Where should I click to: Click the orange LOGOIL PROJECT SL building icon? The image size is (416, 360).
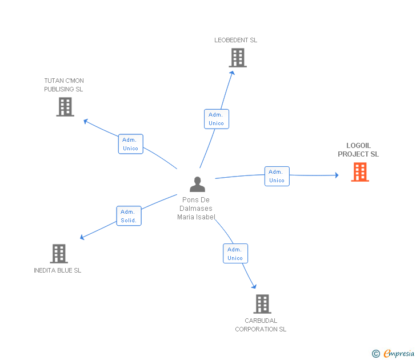(360, 172)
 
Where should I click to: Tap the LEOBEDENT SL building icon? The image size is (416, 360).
(238, 58)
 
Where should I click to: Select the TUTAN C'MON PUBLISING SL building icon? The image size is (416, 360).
(65, 107)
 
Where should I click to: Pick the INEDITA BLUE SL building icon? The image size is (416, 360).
(59, 254)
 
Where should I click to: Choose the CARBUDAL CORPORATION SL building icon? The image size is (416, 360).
(262, 304)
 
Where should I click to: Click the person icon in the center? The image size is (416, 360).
(197, 184)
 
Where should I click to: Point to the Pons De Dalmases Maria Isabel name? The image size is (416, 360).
(196, 208)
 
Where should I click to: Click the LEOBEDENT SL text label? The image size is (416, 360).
(236, 40)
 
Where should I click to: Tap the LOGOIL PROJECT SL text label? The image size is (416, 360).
(358, 150)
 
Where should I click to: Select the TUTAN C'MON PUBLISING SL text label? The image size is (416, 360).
(64, 85)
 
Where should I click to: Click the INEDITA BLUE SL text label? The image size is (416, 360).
(57, 270)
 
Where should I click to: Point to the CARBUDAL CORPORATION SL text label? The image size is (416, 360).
(261, 325)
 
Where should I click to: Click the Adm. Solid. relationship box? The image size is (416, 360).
(129, 216)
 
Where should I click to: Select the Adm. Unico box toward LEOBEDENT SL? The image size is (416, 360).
(216, 119)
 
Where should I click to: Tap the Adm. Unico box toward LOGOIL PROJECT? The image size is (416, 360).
(277, 176)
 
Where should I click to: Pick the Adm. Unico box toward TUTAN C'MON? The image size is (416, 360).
(130, 144)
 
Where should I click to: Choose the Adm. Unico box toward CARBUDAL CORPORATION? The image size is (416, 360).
(235, 254)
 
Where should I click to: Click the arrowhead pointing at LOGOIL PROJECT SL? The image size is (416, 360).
(337, 175)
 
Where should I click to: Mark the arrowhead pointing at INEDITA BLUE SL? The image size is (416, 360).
(83, 238)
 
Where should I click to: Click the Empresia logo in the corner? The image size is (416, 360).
(394, 353)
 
